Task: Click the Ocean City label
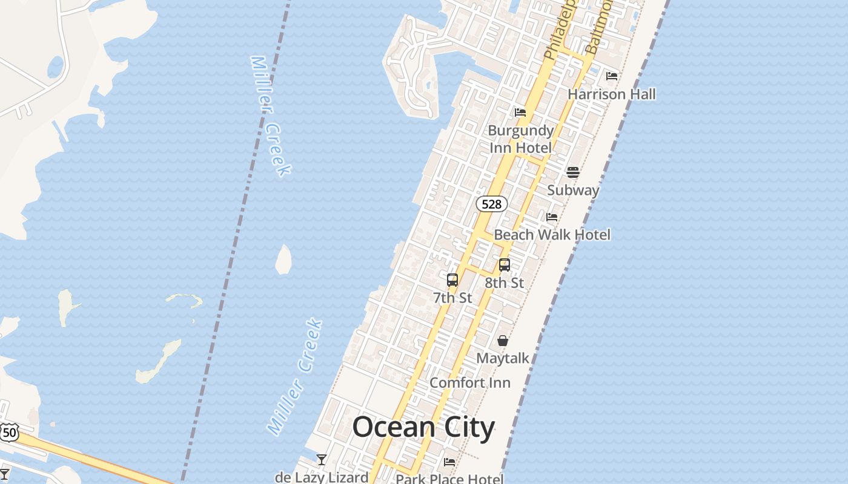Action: click(423, 427)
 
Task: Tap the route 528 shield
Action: click(491, 204)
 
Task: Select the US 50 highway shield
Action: click(9, 433)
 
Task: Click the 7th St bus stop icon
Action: click(452, 280)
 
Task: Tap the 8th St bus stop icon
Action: click(505, 264)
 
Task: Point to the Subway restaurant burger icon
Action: click(573, 172)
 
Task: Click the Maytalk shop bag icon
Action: click(503, 341)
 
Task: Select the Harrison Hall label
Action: click(612, 94)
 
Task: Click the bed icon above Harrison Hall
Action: click(612, 76)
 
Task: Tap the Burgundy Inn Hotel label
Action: click(521, 139)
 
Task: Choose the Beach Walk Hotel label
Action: click(552, 235)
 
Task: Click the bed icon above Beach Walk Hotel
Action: click(552, 217)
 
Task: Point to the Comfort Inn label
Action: click(470, 383)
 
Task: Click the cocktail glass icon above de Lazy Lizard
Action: click(322, 460)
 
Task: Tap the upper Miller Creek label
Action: click(271, 116)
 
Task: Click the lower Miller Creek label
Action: click(295, 377)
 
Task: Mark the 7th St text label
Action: click(452, 298)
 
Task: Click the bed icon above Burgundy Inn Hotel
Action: click(520, 113)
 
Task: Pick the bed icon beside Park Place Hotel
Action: click(449, 462)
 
